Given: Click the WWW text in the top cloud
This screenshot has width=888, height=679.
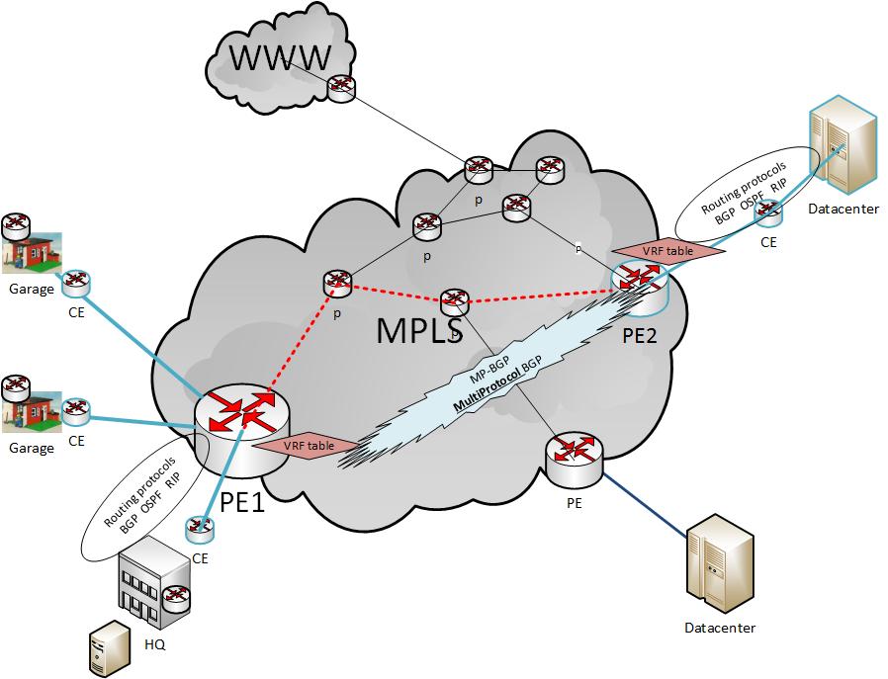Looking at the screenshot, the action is click(x=280, y=57).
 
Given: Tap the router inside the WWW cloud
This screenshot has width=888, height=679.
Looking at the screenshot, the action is click(x=341, y=89).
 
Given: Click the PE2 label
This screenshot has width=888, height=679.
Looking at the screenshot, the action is click(x=640, y=335).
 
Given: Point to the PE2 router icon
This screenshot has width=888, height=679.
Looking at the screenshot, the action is click(x=640, y=288).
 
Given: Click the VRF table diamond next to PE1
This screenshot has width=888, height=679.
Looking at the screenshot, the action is click(x=309, y=446).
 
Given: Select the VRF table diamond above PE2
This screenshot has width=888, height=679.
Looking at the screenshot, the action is click(x=668, y=250).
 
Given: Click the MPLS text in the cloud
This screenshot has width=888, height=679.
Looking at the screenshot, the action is click(x=419, y=331).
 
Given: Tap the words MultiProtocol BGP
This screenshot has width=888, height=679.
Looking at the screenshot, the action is click(x=497, y=384).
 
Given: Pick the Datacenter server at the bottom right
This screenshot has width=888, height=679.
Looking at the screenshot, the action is click(x=720, y=563).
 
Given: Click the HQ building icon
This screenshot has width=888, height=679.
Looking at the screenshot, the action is click(x=154, y=582).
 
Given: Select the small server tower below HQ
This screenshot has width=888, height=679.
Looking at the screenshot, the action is click(x=110, y=648).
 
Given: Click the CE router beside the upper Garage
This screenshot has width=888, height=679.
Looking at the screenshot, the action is click(x=75, y=284).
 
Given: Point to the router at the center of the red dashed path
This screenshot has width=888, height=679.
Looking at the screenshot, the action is click(x=454, y=302).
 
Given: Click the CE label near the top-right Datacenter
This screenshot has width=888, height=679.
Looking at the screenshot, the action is click(x=768, y=242).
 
